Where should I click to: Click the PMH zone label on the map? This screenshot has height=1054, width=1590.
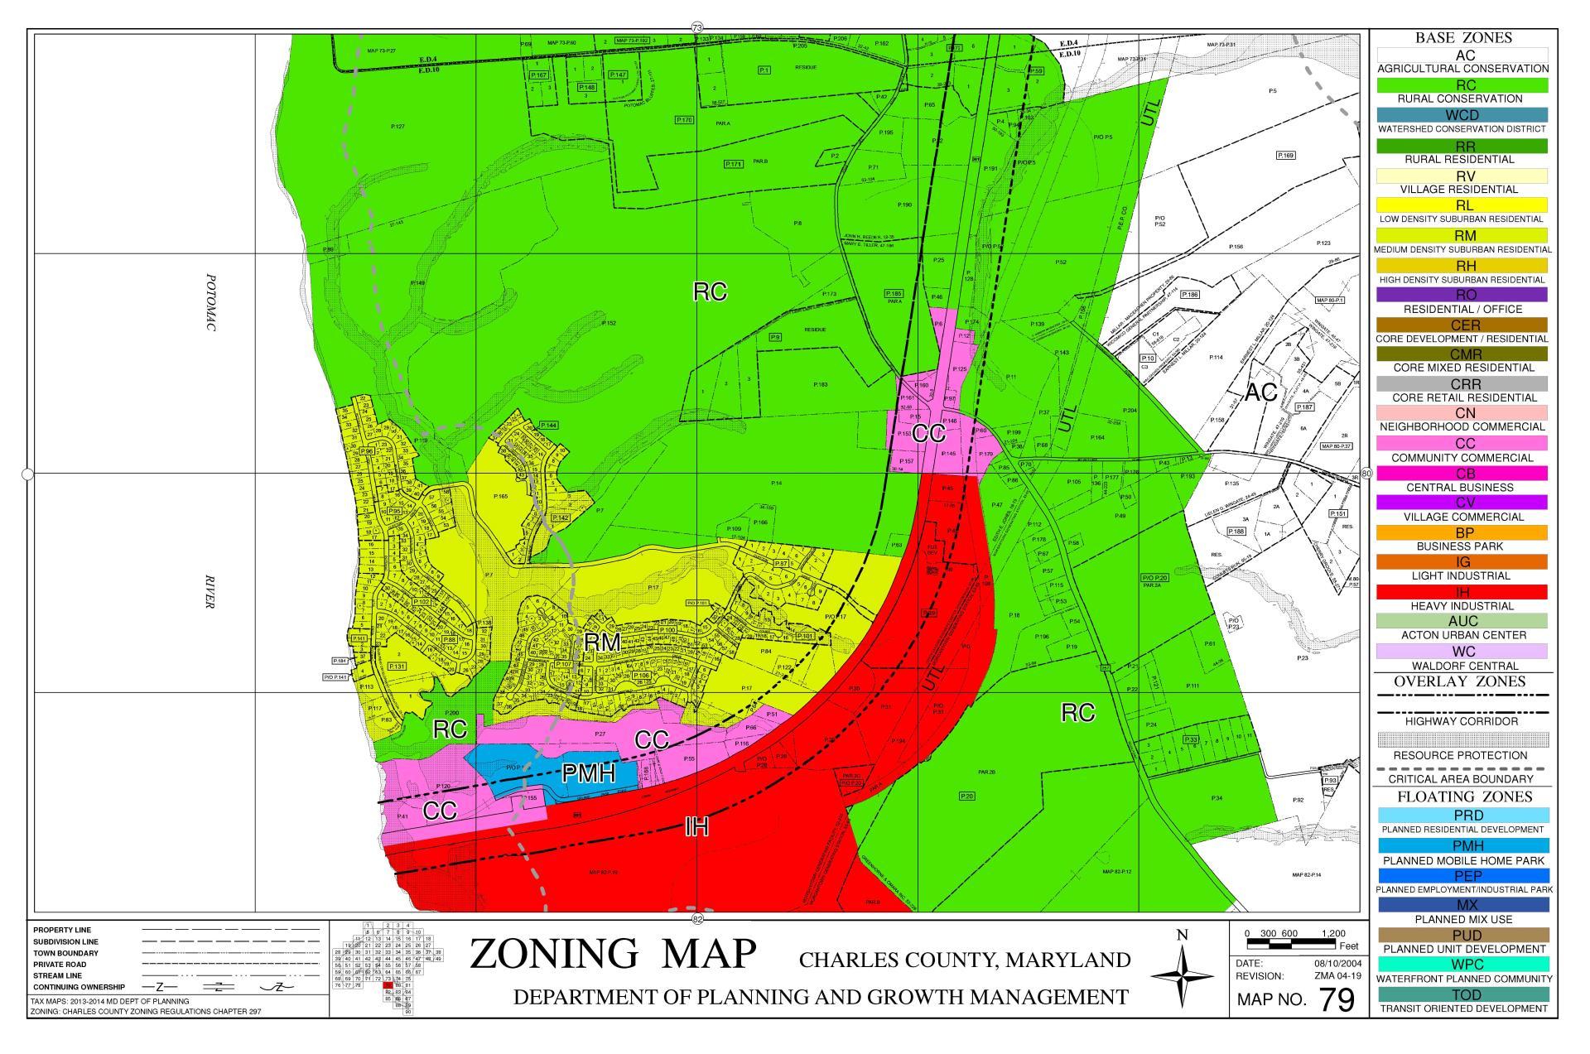coord(589,774)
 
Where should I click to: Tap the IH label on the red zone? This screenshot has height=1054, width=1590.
coord(696,825)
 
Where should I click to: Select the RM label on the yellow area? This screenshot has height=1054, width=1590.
coord(602,643)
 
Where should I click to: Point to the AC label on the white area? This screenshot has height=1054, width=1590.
coord(1260,392)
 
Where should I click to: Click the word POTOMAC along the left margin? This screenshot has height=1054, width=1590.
coord(210,303)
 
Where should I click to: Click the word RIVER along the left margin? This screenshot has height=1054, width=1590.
coord(210,591)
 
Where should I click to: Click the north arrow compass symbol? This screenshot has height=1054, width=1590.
coord(1182,976)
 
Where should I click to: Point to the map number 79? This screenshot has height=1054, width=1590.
coord(1337,1000)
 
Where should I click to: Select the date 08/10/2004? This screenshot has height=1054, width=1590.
coord(1331,964)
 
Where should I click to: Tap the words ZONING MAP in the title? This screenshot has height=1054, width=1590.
coord(613,954)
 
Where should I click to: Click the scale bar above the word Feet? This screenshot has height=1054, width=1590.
coord(1294,943)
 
